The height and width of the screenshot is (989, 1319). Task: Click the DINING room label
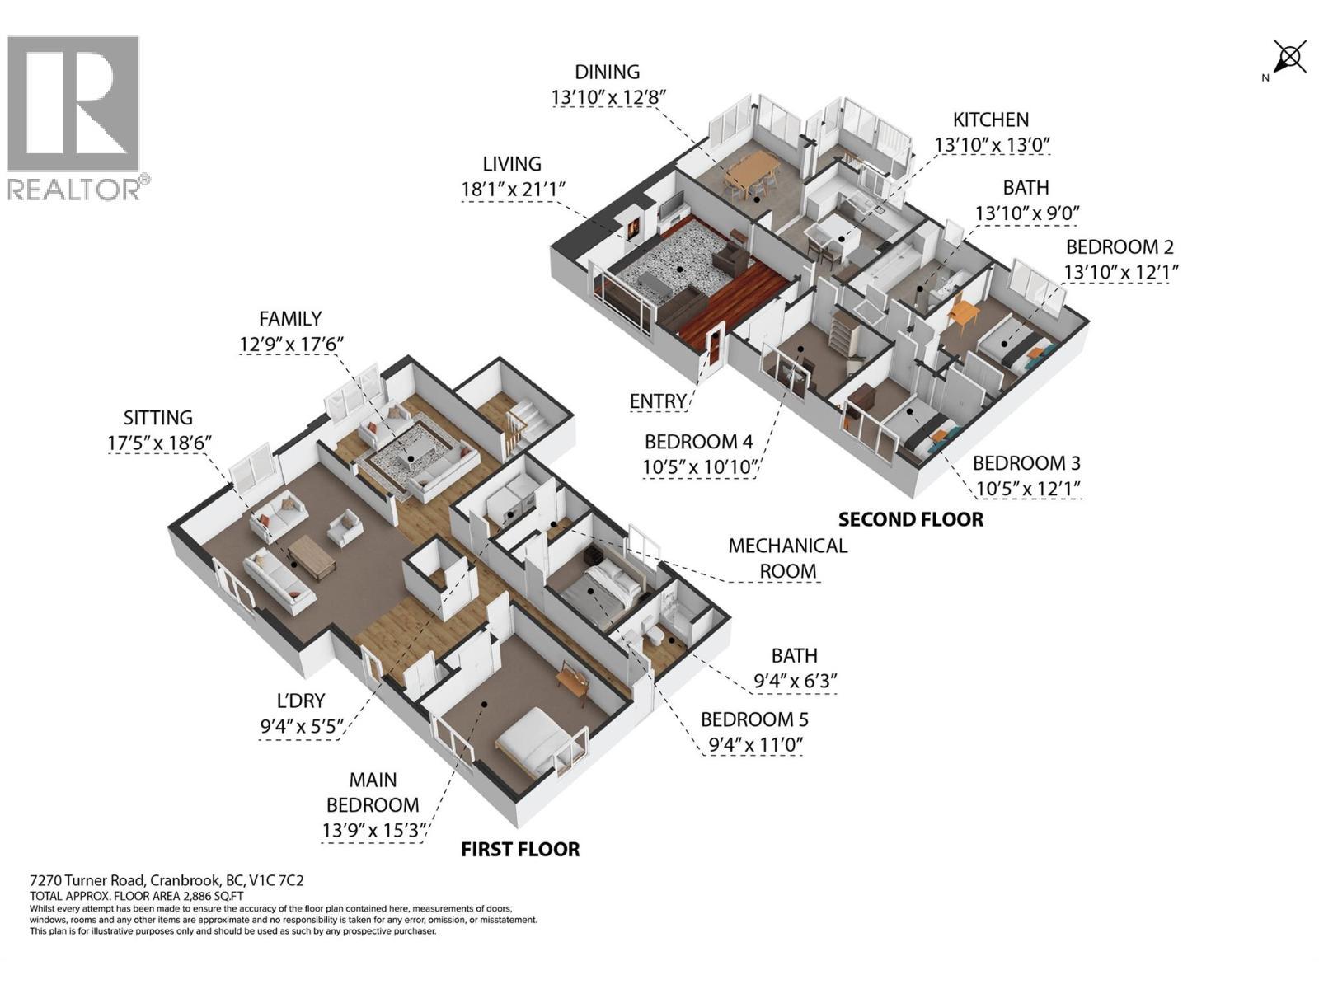607,73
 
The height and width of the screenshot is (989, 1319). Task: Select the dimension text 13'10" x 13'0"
992,145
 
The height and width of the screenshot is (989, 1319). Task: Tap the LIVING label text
512,164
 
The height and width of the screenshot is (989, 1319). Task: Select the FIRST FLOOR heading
519,849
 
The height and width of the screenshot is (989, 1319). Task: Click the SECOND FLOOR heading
910,519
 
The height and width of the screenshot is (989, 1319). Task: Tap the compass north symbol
1288,59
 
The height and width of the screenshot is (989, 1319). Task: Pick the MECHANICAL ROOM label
787,558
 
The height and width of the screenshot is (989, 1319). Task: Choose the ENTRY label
658,401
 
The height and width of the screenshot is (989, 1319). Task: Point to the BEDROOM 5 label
753,719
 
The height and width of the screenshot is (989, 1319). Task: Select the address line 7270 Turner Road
161,881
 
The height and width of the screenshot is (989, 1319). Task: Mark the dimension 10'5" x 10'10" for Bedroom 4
700,467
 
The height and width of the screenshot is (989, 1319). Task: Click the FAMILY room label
290,318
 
